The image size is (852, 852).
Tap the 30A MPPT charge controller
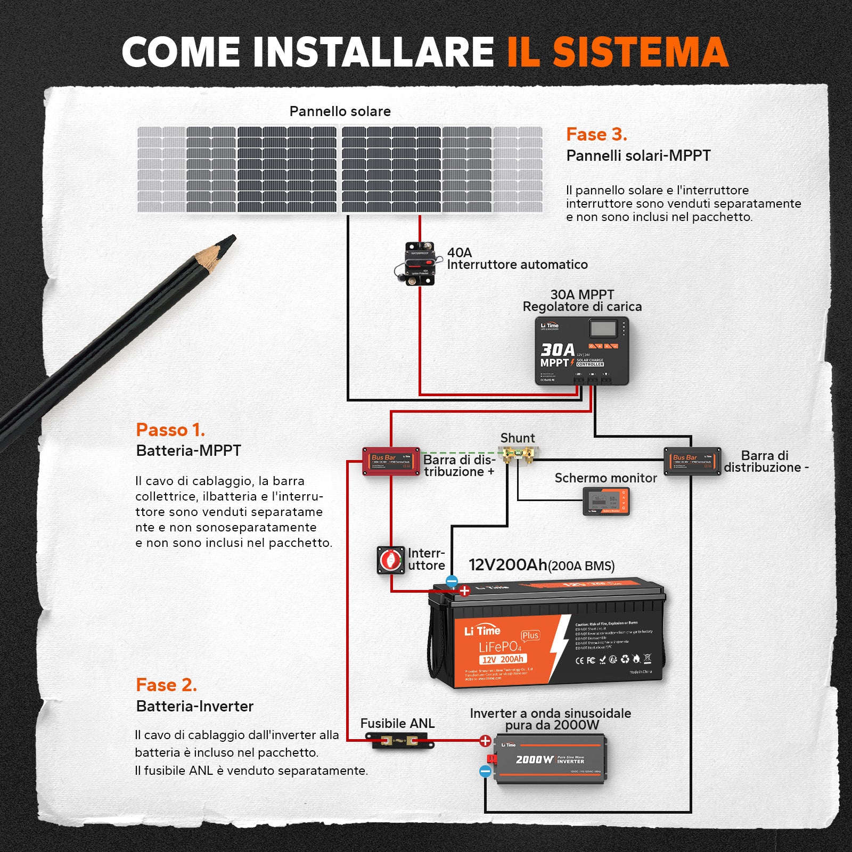tap(581, 351)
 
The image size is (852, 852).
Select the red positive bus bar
tap(391, 461)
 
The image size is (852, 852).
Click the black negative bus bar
tap(692, 461)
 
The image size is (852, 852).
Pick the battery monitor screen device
tap(607, 502)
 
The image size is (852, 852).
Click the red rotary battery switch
tap(391, 560)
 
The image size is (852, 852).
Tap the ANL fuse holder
tap(399, 741)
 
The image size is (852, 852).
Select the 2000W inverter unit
tap(550, 759)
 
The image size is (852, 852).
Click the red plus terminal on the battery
tap(464, 591)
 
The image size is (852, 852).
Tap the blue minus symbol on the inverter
tap(485, 771)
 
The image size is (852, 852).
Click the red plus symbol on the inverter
tap(485, 741)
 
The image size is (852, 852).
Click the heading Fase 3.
tap(596, 134)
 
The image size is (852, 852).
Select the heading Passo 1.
tap(170, 430)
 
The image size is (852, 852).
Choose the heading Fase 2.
tap(167, 685)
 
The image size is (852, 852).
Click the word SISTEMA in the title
tap(640, 52)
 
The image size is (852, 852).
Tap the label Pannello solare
tap(340, 111)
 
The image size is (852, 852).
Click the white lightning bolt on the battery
tap(560, 648)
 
